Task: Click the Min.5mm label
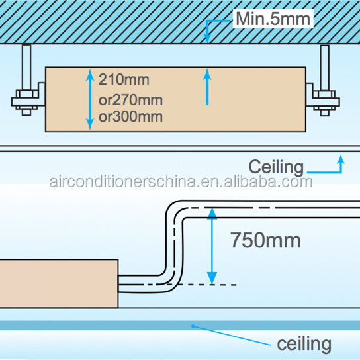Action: [x=273, y=19]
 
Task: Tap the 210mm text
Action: [x=124, y=79]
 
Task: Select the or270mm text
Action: [x=130, y=100]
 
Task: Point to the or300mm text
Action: [x=130, y=116]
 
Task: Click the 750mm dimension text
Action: [x=265, y=240]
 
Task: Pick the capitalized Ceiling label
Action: [x=276, y=167]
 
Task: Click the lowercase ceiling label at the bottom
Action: [x=304, y=344]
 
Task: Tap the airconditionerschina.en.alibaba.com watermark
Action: [x=181, y=181]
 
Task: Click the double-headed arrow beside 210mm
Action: [x=90, y=100]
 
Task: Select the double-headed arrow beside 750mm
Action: [x=212, y=246]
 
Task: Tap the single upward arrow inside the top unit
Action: [x=207, y=87]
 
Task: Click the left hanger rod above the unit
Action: [x=26, y=67]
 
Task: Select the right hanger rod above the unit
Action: [x=325, y=67]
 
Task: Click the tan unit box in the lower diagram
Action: [x=59, y=283]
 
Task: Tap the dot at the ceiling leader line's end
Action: [x=193, y=326]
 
